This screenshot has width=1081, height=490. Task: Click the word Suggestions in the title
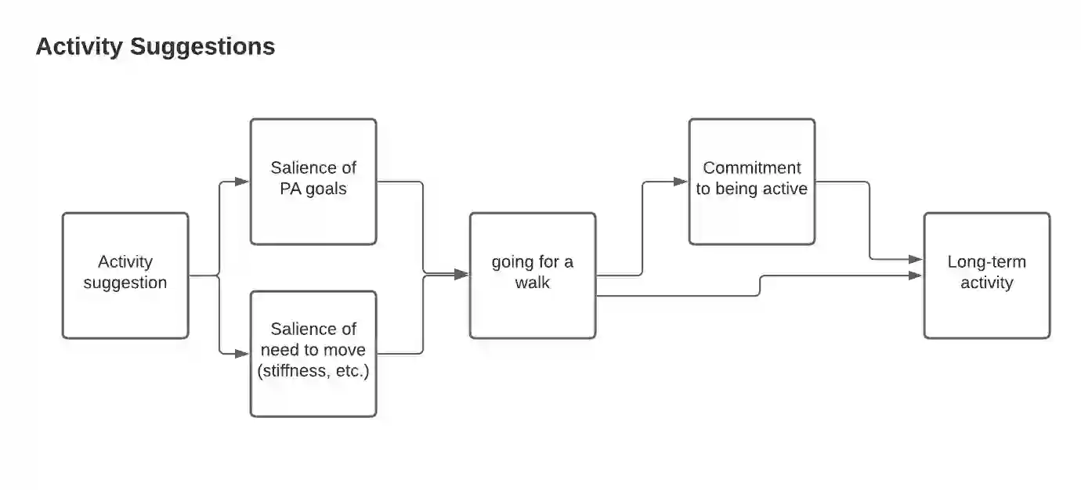coord(203,47)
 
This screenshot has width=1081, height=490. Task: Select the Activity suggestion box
coord(125,276)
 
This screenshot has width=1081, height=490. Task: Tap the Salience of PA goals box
coord(313,182)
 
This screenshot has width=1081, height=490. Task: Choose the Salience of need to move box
coord(313,354)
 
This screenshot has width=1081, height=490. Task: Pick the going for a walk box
coord(533,276)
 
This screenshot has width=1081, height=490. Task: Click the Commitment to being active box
coord(752,182)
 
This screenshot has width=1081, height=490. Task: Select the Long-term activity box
coord(987,276)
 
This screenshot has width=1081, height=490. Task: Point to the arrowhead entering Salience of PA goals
coord(243,182)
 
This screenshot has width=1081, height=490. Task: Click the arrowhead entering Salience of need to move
coord(243,354)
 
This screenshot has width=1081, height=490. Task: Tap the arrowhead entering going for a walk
coord(462,274)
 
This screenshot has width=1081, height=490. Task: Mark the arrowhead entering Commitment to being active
coord(681,182)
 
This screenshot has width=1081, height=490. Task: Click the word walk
coord(533,283)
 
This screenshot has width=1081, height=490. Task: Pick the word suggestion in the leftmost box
coord(125,283)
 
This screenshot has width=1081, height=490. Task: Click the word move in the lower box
coord(346,350)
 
